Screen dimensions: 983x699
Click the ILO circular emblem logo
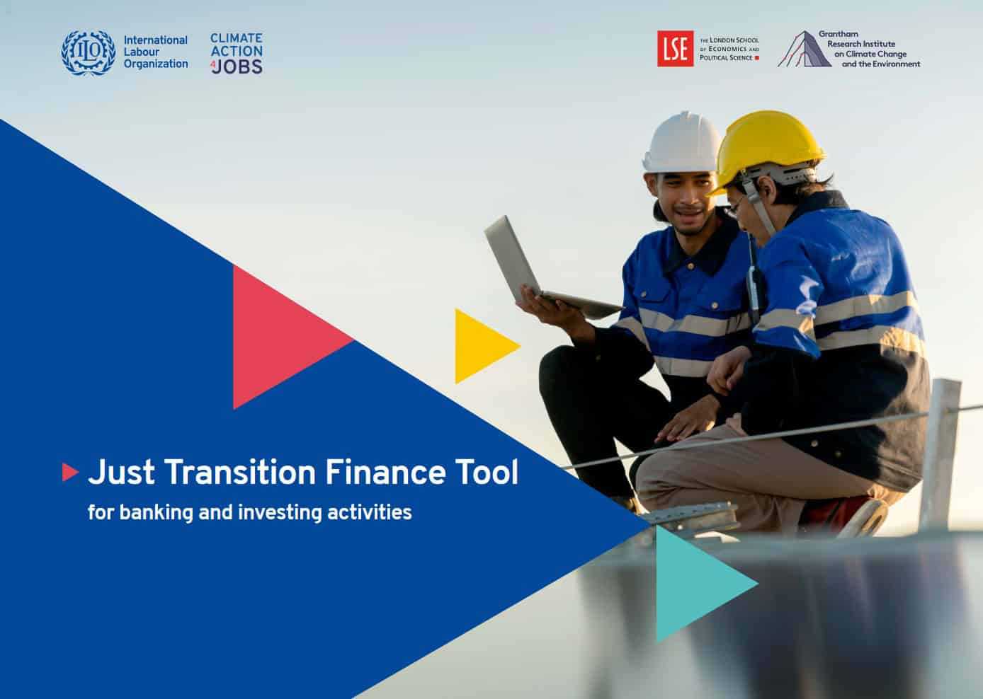coord(89,52)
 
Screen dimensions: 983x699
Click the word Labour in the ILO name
coord(142,52)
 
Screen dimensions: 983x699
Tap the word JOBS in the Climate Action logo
coord(238,66)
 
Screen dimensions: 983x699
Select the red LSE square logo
coord(676,49)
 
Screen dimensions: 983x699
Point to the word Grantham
coord(839,34)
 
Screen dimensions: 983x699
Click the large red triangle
coord(292,337)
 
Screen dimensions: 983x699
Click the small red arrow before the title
coord(70,473)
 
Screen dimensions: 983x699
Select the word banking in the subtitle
coord(156,513)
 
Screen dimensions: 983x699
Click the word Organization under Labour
coord(156,64)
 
